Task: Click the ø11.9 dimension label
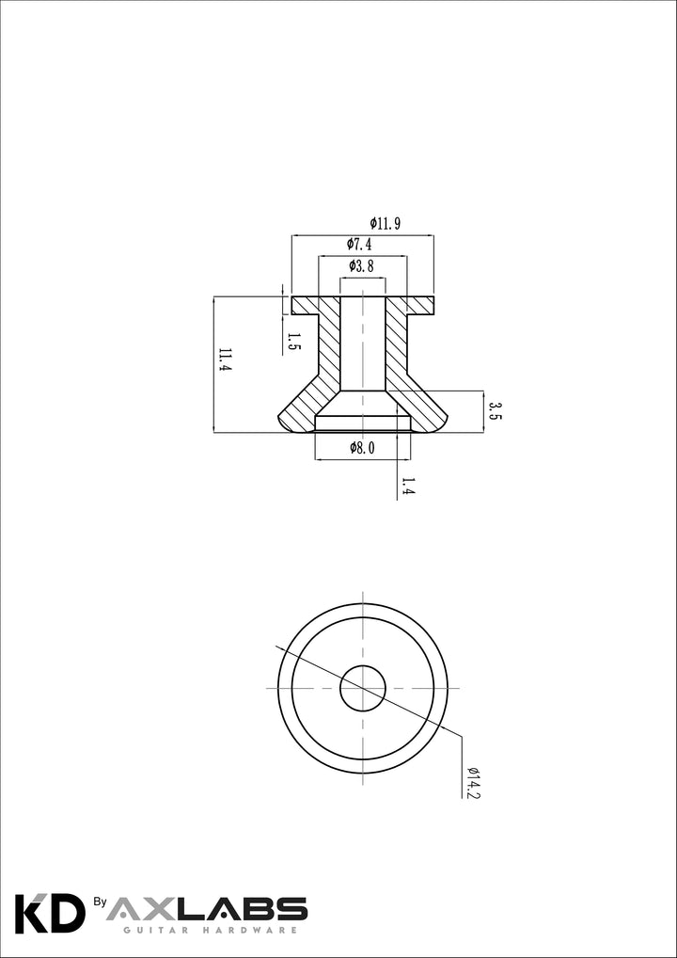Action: coord(385,224)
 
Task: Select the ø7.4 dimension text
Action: coord(359,245)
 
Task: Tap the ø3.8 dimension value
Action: coord(361,265)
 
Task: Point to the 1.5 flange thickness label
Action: coord(294,343)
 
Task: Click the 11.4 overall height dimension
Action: coord(226,360)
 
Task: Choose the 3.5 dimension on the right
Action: coord(495,411)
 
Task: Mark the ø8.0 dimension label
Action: coord(362,448)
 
